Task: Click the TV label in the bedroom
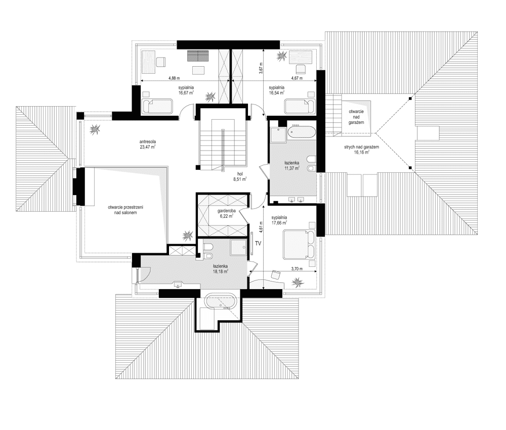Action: click(258, 244)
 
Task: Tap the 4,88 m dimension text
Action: click(174, 78)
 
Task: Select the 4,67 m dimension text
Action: click(297, 78)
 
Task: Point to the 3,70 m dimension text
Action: click(297, 268)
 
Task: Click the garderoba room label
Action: click(227, 211)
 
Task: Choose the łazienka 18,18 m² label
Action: click(221, 269)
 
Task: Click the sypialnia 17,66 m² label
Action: click(279, 220)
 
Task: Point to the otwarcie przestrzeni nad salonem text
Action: click(125, 210)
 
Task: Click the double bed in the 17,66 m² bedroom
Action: click(299, 245)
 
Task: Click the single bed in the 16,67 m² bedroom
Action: click(157, 106)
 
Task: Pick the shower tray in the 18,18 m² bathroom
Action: click(239, 247)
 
